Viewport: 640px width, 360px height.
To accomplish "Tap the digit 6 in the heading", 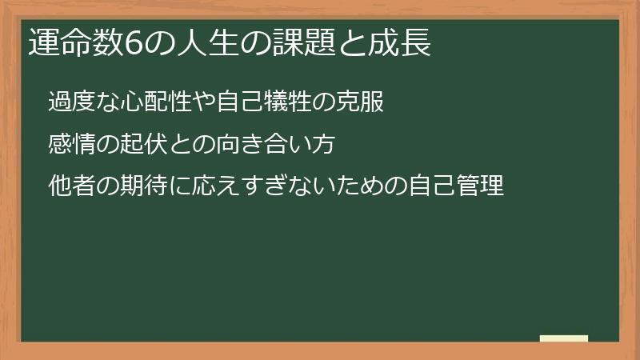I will pos(132,44).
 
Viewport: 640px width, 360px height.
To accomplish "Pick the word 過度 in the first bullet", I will pos(68,102).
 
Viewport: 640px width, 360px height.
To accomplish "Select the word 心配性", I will pos(145,102).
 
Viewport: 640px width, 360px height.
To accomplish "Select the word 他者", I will pos(68,186).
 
